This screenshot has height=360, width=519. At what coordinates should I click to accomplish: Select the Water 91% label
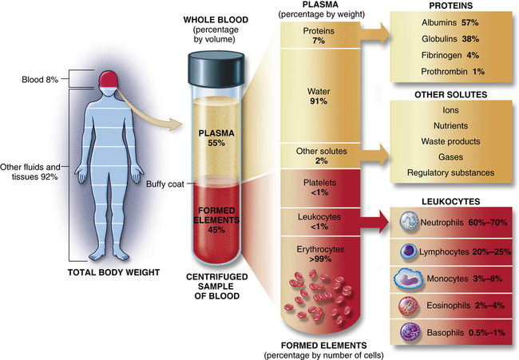[319, 96]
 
